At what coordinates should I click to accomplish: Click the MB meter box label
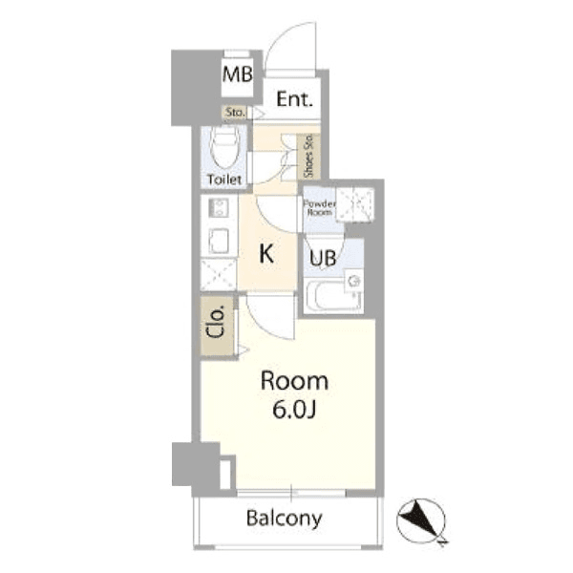coord(238,74)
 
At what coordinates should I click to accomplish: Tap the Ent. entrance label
coord(294,99)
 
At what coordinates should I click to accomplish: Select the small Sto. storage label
coord(235,112)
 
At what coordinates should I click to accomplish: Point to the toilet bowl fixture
coord(224,147)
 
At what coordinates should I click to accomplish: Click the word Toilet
coord(224,180)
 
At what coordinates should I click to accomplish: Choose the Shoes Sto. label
coord(308,156)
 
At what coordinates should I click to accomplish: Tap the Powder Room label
coord(319,208)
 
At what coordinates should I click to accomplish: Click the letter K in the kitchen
coord(266,254)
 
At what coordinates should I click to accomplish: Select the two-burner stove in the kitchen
coord(219,207)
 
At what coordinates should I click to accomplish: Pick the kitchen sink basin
coord(219,240)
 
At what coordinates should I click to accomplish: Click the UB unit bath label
coord(323,259)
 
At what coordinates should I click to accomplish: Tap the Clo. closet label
coord(215,323)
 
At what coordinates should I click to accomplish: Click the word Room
coord(294,381)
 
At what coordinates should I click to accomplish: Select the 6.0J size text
coord(294,410)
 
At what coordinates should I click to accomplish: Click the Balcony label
coord(285,519)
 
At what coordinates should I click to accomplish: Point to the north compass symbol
coord(422,520)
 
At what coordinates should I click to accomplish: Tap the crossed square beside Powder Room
coord(355,204)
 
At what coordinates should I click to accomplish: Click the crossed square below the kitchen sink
coord(219,275)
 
